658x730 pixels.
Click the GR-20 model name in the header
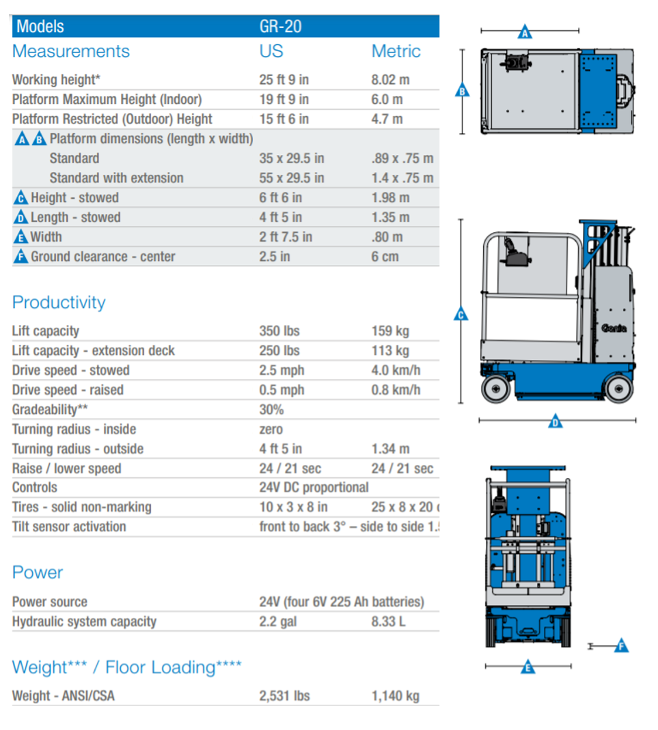coord(280,27)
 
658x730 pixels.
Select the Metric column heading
coord(396,51)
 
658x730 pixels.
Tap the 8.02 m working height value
coord(390,79)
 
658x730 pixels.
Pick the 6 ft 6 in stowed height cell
coord(280,198)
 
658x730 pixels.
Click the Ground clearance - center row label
coord(102,257)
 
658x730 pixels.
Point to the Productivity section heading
coord(59,303)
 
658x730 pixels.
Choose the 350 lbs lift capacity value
coord(279,331)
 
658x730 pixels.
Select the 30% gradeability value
coord(271,410)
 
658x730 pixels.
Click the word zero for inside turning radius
coord(271,430)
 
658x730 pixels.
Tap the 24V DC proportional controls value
coord(314,488)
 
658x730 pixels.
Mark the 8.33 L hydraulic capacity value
coord(388,622)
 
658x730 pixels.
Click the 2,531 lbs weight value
coord(284,697)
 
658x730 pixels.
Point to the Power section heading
coord(38,572)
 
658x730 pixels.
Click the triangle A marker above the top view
coord(525,31)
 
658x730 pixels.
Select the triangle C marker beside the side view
coord(461,314)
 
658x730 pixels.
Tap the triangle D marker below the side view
coord(556,422)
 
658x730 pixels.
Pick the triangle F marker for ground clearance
coord(620,645)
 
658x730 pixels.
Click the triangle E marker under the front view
coord(527,666)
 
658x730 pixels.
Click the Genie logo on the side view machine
coord(614,328)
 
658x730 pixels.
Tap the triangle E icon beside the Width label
coord(20,238)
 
